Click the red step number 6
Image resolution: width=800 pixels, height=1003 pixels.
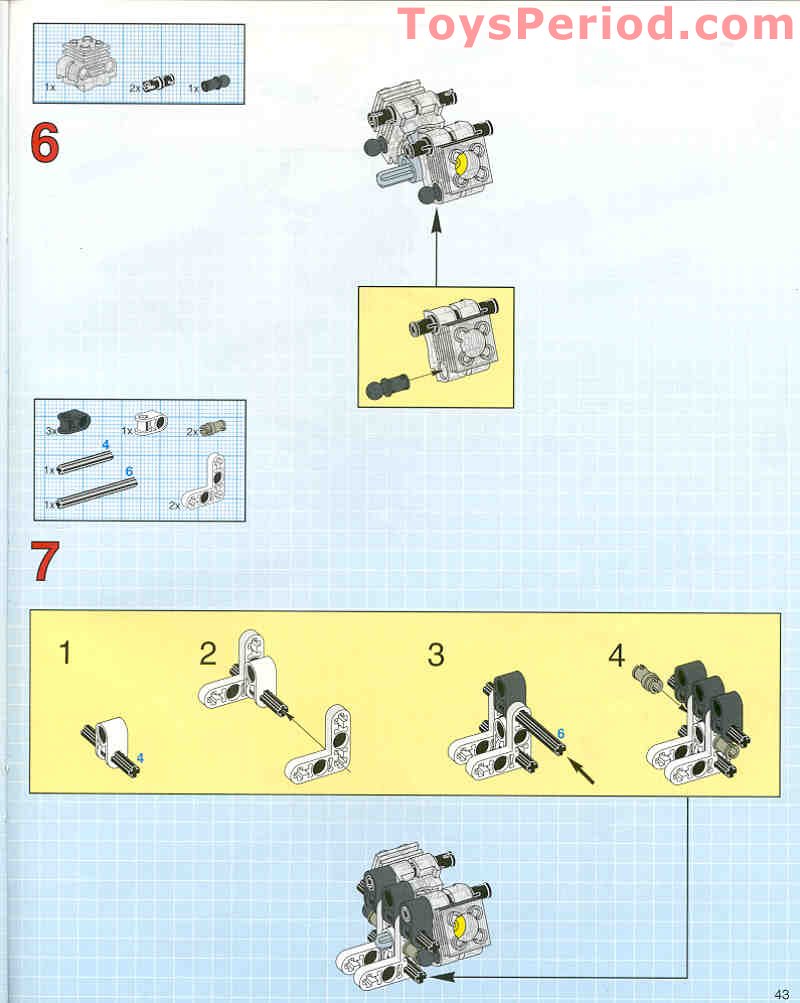(45, 143)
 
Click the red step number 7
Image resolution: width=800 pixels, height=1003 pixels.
(45, 562)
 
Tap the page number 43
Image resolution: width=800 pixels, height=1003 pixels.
(781, 994)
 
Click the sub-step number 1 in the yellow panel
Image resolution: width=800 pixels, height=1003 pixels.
(65, 652)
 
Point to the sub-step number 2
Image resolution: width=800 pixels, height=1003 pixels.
(208, 654)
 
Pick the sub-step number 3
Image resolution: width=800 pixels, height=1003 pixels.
(435, 655)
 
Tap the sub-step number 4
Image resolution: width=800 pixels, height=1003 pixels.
(616, 656)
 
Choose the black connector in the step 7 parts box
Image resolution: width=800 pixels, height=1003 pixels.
(74, 423)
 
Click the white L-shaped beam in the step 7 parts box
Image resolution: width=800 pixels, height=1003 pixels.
(205, 483)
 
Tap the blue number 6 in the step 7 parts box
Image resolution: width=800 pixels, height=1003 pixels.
(129, 471)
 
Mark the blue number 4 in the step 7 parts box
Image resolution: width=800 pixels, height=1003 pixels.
(106, 445)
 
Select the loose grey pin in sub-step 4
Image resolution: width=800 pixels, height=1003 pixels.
(647, 680)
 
